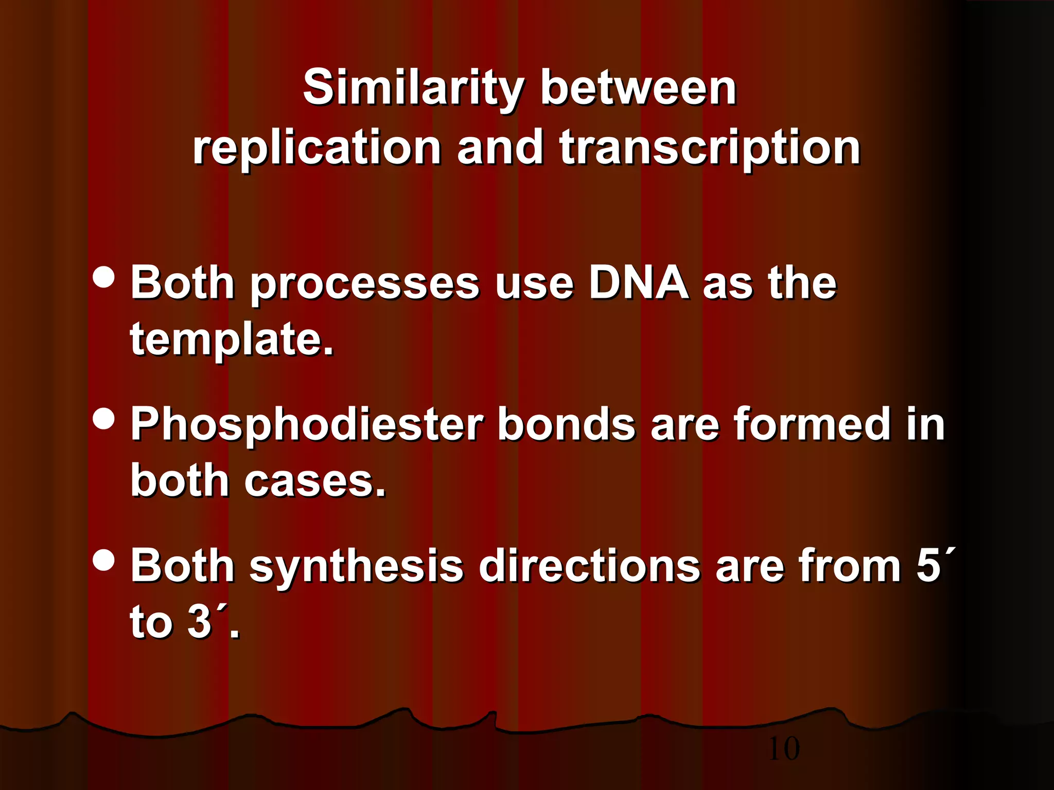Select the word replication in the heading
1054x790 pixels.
click(x=317, y=148)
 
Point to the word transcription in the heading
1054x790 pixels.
click(x=710, y=148)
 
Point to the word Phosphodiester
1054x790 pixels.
click(x=307, y=424)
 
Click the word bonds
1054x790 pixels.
click(x=566, y=424)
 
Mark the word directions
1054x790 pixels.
click(x=589, y=566)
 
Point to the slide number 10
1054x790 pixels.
click(x=783, y=748)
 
